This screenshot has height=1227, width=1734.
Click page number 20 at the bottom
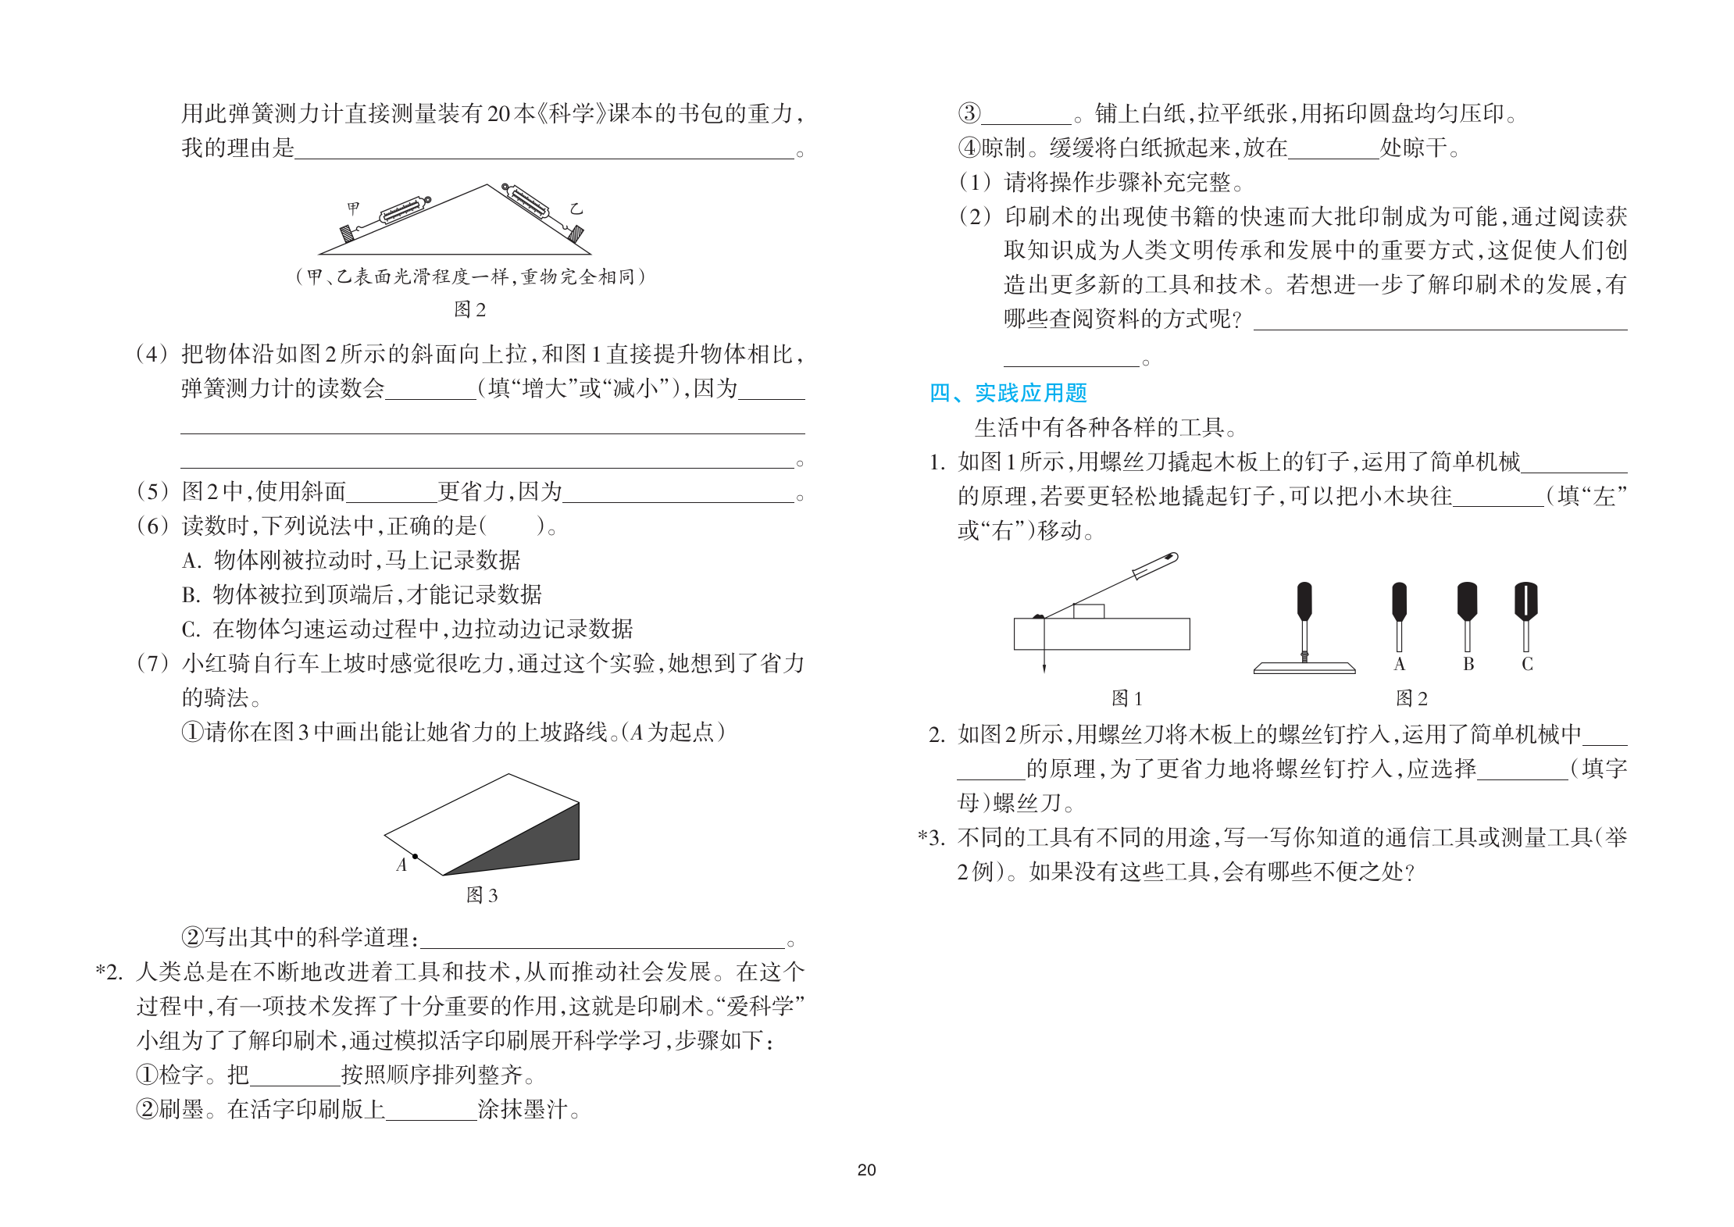[866, 1170]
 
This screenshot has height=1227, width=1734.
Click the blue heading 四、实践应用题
[1008, 393]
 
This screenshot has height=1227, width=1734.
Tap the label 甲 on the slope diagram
[354, 208]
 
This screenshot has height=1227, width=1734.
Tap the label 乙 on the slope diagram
[576, 209]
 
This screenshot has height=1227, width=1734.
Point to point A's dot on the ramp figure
[416, 857]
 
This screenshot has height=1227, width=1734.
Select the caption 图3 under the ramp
[481, 895]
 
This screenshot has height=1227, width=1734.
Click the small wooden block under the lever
[1088, 611]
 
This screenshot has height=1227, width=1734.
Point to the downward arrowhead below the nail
[1044, 667]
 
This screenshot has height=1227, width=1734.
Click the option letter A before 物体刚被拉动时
[191, 561]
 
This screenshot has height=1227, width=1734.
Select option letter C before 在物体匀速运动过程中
[191, 630]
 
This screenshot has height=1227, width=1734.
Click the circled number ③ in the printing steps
[969, 114]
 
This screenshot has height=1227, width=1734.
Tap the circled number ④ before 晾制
[969, 148]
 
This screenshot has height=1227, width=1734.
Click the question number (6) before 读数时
[152, 526]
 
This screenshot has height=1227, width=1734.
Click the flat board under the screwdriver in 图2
[1304, 668]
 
